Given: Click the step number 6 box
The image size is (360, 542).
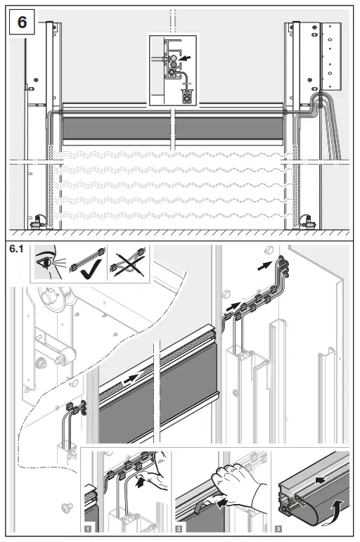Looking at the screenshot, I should coord(22,22).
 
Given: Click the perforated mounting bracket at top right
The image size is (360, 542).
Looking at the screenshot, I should coord(330,56).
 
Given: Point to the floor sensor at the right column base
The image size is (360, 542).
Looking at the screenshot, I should coord(307,221).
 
